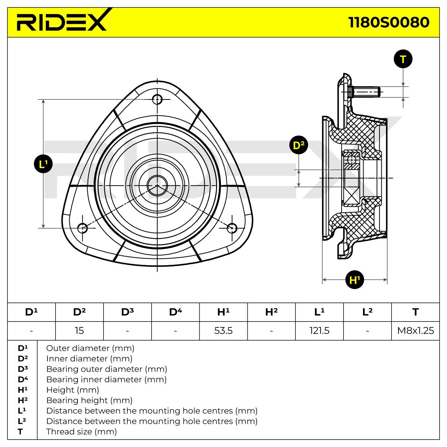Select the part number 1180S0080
click(389, 22)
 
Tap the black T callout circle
click(403, 59)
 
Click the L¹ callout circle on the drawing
click(43, 164)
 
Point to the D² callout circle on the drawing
click(298, 145)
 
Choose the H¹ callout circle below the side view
click(355, 280)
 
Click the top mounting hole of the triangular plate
click(157, 99)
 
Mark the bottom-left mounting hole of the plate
click(82, 228)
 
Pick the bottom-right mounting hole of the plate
click(232, 228)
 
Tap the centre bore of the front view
click(157, 186)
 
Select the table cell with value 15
click(79, 330)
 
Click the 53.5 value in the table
click(223, 330)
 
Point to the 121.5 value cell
click(319, 330)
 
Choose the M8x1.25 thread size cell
click(415, 330)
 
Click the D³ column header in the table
click(127, 312)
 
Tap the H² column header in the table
click(272, 312)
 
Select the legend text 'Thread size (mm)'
click(82, 431)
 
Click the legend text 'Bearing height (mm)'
click(89, 400)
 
